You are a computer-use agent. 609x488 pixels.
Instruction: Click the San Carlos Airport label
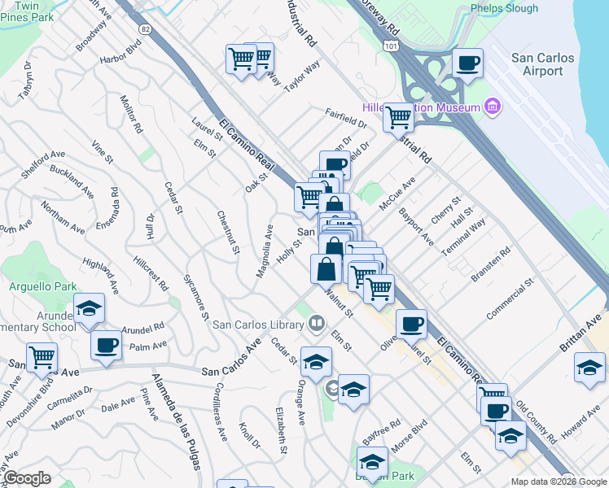point(542,64)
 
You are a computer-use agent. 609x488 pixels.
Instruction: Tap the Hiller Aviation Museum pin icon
point(491,107)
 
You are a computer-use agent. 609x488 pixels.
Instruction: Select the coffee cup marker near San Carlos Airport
point(467,63)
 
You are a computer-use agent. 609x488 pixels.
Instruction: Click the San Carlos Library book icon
point(316,325)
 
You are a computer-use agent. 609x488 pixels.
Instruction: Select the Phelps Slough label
point(505,9)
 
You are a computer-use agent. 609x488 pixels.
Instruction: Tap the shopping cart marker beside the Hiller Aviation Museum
point(398,117)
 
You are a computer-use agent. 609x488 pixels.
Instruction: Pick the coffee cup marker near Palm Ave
point(106,345)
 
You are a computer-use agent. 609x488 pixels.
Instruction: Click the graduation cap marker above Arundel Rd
point(90,308)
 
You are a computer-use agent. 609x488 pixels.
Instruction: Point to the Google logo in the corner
point(27,478)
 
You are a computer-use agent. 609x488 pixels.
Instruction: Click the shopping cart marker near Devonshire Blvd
point(42,356)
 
